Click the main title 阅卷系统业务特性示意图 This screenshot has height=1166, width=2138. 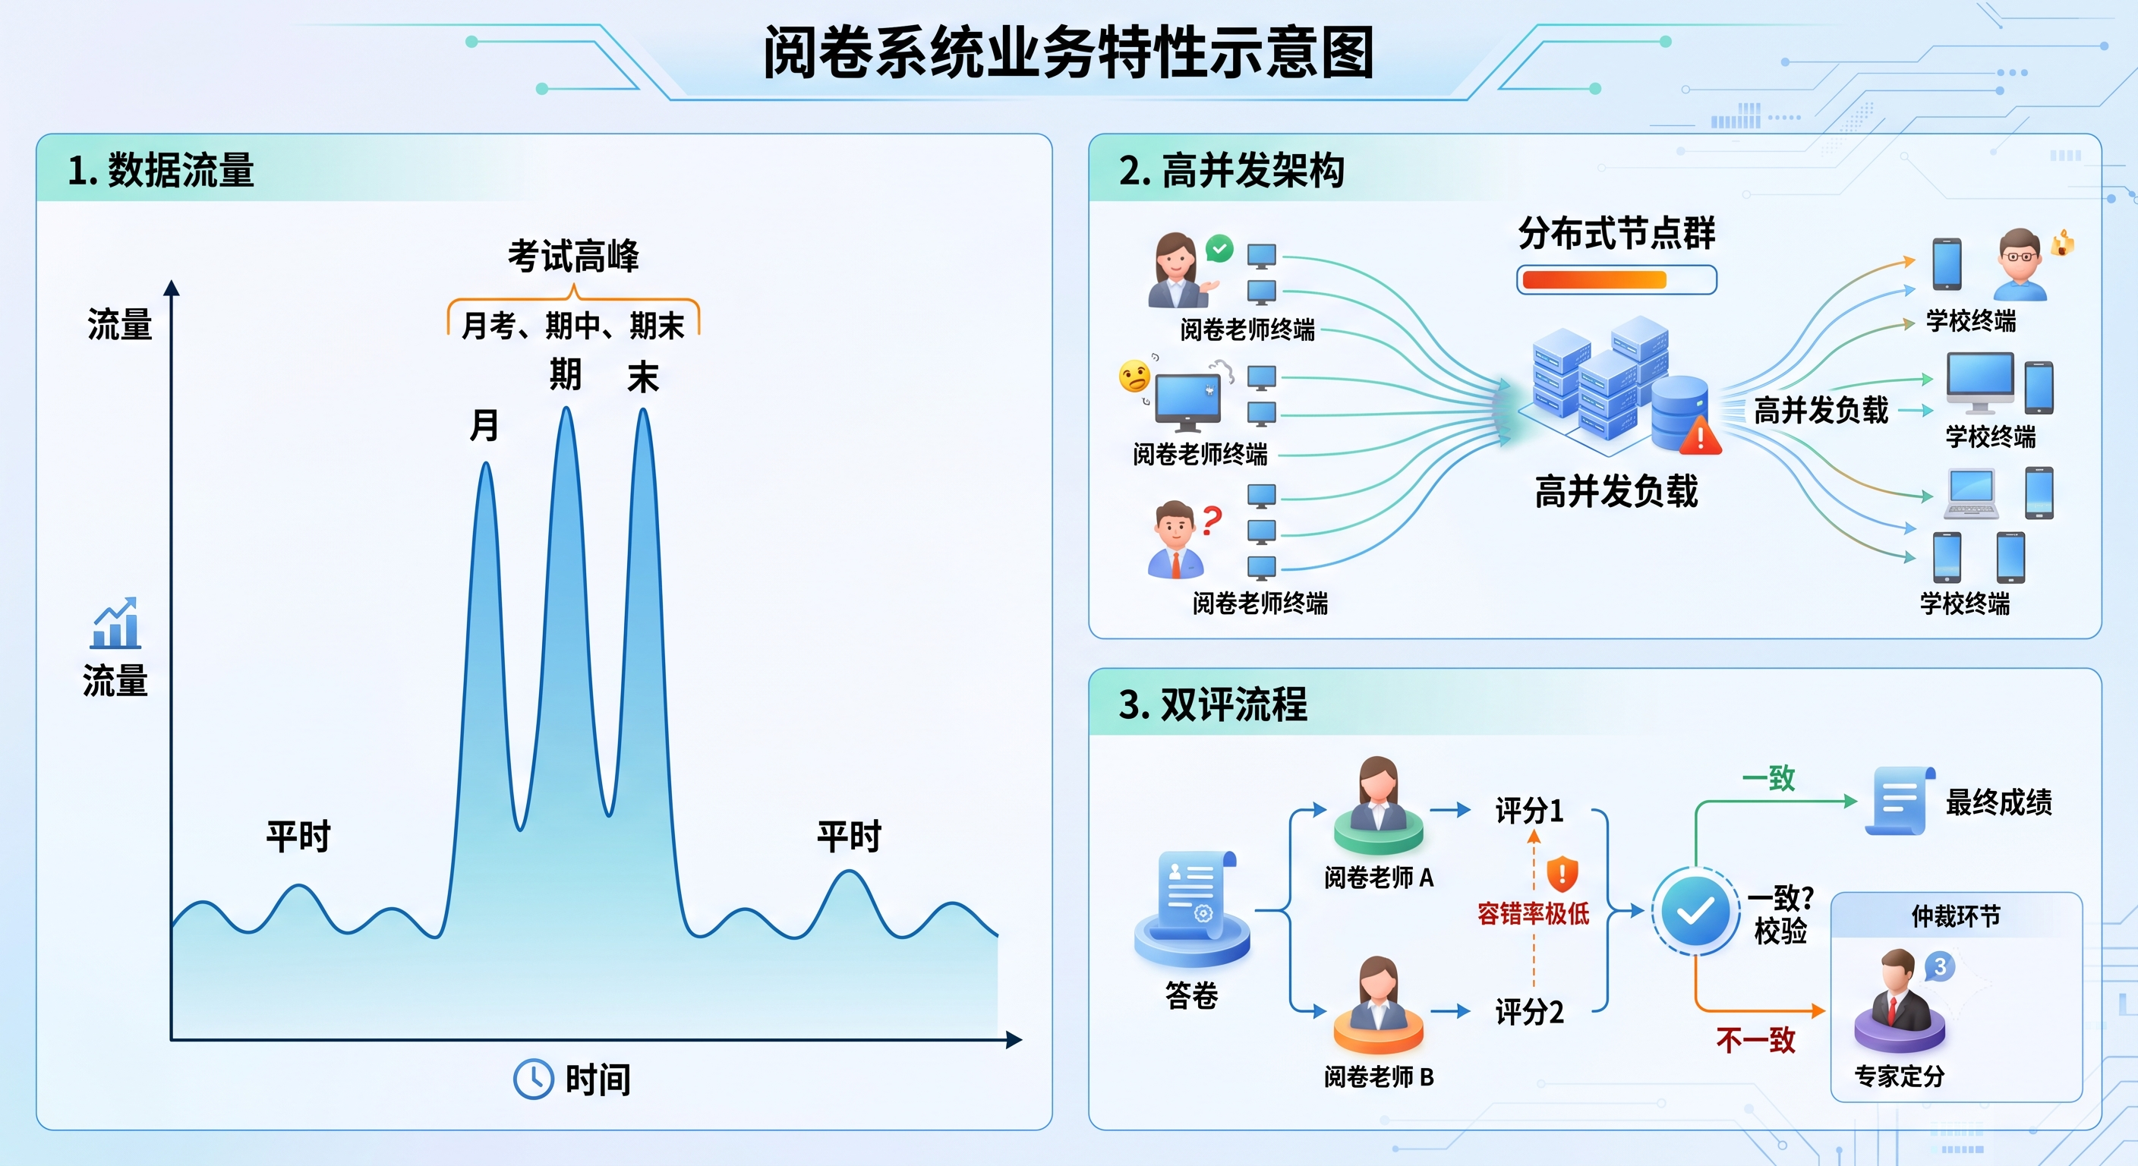pyautogui.click(x=1068, y=52)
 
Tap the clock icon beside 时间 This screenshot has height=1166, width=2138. pyautogui.click(x=533, y=1079)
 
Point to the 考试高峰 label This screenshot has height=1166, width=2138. pyautogui.click(x=573, y=256)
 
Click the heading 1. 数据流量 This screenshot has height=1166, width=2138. pyautogui.click(x=160, y=170)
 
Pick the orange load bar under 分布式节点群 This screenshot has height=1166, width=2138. pyautogui.click(x=1594, y=279)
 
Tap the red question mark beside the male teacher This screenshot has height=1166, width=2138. pyautogui.click(x=1212, y=520)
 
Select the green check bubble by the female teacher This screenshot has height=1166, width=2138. pyautogui.click(x=1219, y=248)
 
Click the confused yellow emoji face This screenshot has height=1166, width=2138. pyautogui.click(x=1134, y=376)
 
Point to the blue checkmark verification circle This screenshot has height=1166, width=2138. pyautogui.click(x=1695, y=911)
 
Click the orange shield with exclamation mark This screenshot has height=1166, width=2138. pyautogui.click(x=1562, y=873)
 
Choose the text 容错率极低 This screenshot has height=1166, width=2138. pyautogui.click(x=1533, y=914)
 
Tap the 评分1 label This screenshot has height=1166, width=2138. pyautogui.click(x=1529, y=810)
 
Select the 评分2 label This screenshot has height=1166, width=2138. pyautogui.click(x=1529, y=1012)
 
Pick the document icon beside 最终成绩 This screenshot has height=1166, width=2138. pyautogui.click(x=1901, y=801)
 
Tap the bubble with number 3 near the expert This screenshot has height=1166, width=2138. pyautogui.click(x=1940, y=966)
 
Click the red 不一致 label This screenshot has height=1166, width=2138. pyautogui.click(x=1755, y=1040)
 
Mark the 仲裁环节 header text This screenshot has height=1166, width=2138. pyautogui.click(x=1956, y=916)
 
